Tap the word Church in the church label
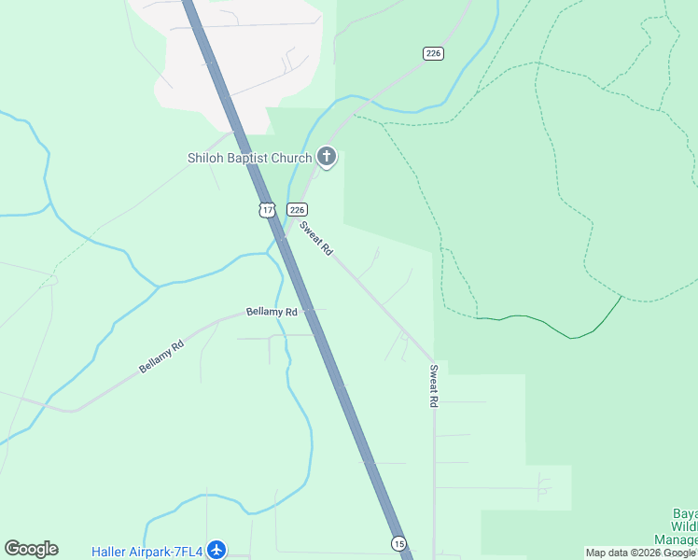[288, 158]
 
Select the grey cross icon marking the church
[327, 157]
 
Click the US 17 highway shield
[268, 210]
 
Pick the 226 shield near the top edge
[433, 53]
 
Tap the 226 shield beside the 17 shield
[297, 210]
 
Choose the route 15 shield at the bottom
[398, 543]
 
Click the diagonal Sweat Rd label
[315, 239]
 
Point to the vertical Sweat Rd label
[434, 385]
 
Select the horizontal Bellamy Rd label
[272, 311]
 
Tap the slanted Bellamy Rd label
[161, 357]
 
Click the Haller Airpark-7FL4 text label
[147, 551]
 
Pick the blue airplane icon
[216, 550]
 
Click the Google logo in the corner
[31, 549]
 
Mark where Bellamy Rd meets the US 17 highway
[305, 311]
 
